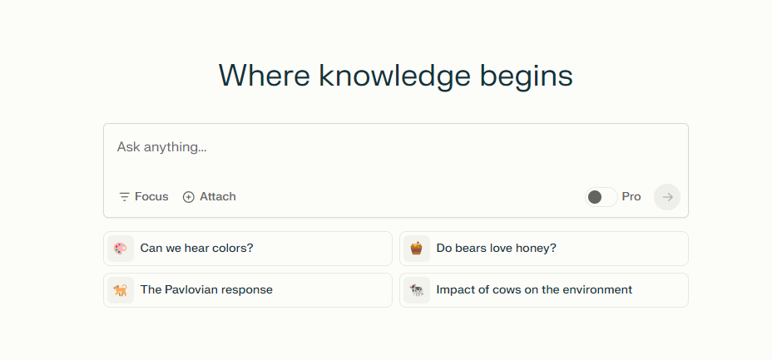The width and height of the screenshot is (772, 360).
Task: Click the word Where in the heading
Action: [x=265, y=76]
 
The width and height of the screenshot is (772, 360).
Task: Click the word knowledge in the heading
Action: [x=394, y=77]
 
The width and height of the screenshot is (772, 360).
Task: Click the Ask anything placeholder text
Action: [x=161, y=147]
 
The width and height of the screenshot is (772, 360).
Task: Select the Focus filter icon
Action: [x=124, y=197]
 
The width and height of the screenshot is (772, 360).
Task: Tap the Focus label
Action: [x=151, y=197]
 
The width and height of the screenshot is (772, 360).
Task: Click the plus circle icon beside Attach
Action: [x=189, y=197]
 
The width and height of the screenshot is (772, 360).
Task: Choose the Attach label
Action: [x=218, y=197]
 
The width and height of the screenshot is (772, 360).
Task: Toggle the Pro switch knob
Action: [x=595, y=197]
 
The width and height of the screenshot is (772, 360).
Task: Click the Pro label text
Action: [x=631, y=197]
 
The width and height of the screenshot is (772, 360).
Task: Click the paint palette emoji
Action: [x=121, y=249]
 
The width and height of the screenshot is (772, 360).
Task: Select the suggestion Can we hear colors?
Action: [x=196, y=248]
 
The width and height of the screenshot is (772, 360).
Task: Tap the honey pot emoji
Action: [x=417, y=249]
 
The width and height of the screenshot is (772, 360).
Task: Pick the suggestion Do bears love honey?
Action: [x=497, y=248]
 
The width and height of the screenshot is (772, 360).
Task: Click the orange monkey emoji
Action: [x=121, y=290]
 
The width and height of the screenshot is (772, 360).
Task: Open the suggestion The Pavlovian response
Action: [x=206, y=289]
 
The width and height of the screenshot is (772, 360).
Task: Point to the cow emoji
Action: [x=417, y=290]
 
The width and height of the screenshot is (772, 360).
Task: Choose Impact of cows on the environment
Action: [x=534, y=289]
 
